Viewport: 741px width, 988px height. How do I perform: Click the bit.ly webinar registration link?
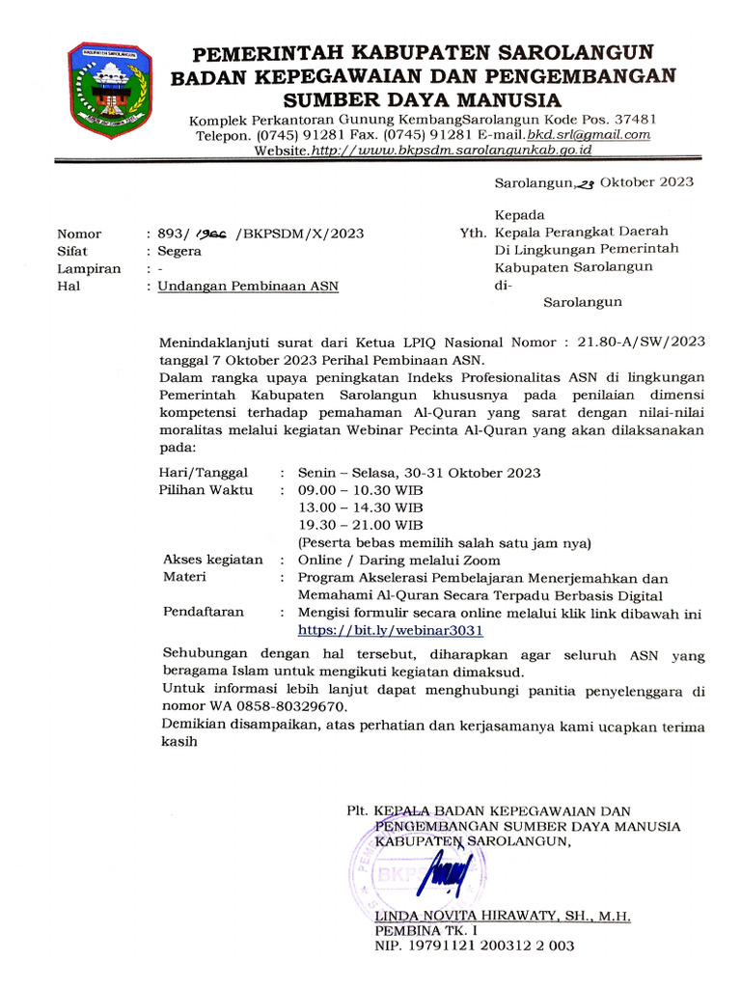390,630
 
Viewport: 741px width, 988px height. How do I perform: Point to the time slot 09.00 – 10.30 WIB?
360,490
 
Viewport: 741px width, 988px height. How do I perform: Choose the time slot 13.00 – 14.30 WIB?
360,508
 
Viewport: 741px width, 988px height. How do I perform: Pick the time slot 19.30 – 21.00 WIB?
360,525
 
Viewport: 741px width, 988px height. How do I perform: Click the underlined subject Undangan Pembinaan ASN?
248,287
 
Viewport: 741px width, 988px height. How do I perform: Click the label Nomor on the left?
79,233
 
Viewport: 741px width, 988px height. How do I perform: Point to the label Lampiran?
89,269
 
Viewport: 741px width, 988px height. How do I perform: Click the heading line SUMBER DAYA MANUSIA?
421,100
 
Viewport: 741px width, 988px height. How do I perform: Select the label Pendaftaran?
204,612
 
